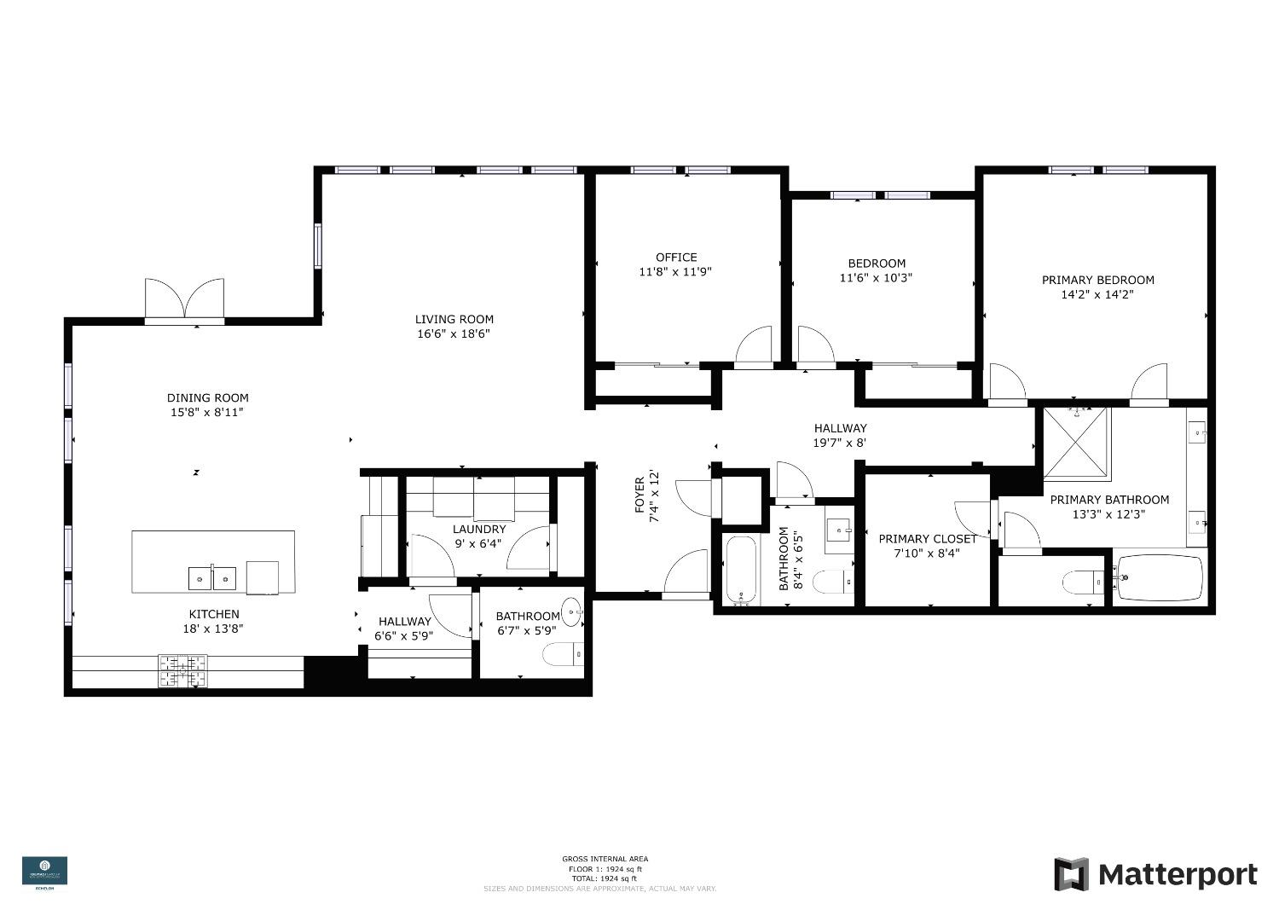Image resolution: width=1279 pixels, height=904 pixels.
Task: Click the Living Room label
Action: click(x=454, y=319)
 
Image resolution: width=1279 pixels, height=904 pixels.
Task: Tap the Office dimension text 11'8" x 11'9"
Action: click(x=676, y=272)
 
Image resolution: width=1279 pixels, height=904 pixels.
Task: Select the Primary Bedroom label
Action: click(x=1097, y=280)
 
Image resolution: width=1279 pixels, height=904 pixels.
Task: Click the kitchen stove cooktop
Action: click(x=182, y=670)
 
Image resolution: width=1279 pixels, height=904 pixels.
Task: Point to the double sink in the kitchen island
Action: click(x=212, y=578)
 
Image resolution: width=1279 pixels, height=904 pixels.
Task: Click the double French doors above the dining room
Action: click(x=184, y=300)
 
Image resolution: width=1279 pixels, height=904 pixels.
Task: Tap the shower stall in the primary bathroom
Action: click(x=1076, y=443)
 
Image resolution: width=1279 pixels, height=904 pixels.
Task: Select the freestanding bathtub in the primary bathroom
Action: click(x=1160, y=578)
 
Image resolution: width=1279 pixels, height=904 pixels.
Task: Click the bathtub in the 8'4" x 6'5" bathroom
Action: click(x=742, y=570)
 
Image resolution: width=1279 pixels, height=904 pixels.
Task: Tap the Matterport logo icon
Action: click(x=1071, y=874)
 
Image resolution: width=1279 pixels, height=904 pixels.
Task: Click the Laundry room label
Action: click(x=479, y=530)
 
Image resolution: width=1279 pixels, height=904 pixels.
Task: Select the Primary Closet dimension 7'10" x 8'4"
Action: click(x=928, y=553)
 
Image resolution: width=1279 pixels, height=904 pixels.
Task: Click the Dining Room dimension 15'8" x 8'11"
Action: click(x=207, y=412)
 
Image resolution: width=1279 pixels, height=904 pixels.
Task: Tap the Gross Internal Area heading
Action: click(x=605, y=859)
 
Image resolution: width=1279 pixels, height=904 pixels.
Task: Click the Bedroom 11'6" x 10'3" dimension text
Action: click(x=877, y=277)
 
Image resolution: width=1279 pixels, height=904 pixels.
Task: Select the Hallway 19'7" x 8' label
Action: click(x=840, y=428)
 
